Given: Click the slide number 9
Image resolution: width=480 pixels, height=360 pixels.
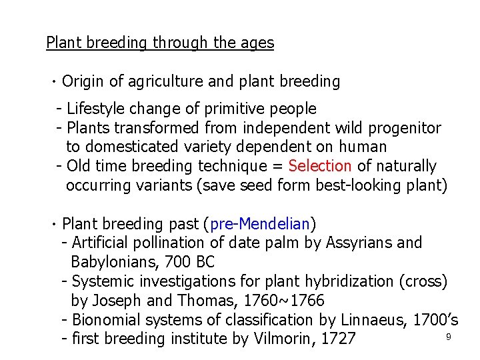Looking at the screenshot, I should click(x=449, y=337).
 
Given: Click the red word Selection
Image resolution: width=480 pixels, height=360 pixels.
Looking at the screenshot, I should click(x=320, y=166).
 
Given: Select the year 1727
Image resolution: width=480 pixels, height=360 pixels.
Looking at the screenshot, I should click(x=338, y=339).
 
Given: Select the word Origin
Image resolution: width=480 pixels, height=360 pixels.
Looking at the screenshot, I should click(x=83, y=82).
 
